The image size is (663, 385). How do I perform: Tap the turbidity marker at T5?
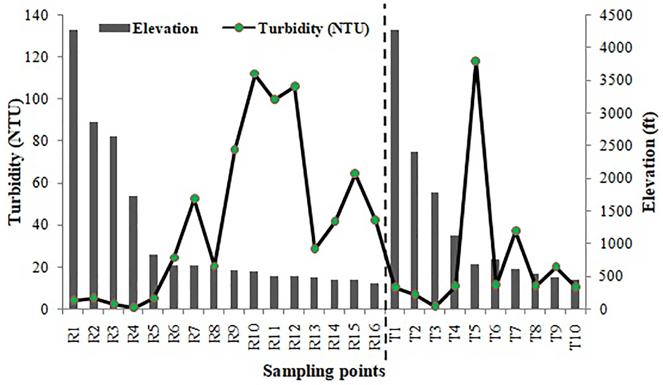[475, 61]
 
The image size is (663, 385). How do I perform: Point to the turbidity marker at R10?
[255, 74]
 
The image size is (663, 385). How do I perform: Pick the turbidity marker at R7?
[195, 198]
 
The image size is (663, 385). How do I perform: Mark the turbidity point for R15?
[355, 173]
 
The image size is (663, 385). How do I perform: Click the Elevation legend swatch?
[114, 28]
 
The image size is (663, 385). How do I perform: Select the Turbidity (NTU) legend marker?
[239, 28]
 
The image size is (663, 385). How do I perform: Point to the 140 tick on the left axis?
[37, 15]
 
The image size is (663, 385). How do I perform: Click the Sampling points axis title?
[324, 371]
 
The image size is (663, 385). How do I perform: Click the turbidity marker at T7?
[516, 231]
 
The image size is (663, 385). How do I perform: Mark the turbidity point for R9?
[235, 150]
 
